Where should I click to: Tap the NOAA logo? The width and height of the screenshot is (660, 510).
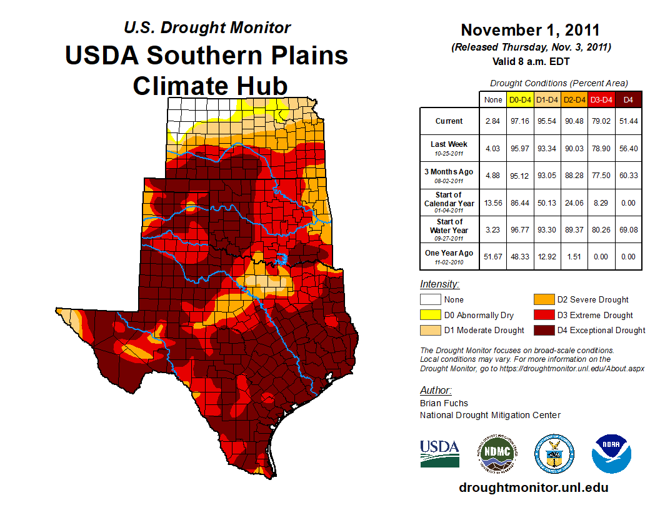(x=612, y=454)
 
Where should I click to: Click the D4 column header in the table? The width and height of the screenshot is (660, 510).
(x=628, y=99)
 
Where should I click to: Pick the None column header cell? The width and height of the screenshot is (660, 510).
(x=493, y=99)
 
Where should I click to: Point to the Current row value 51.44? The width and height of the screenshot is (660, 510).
(x=628, y=121)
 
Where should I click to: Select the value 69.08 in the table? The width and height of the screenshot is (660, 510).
(x=628, y=230)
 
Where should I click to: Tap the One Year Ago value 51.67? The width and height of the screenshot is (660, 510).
(x=493, y=257)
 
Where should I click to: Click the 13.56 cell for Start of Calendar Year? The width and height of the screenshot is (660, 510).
(x=493, y=203)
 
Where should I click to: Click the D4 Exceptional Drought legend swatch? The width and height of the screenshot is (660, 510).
(x=542, y=330)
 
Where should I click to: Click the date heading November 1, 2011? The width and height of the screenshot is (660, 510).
(x=530, y=30)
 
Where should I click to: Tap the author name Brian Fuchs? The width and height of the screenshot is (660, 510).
(x=444, y=403)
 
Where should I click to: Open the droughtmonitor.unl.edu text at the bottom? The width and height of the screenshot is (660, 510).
(x=533, y=487)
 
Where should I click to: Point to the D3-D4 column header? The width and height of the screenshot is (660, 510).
(x=601, y=99)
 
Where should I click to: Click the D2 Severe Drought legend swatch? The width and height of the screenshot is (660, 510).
(x=542, y=300)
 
